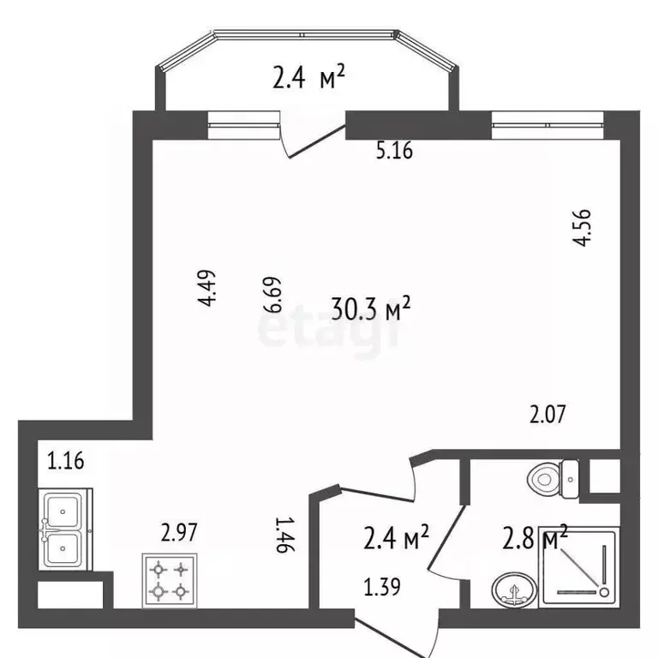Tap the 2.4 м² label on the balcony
(308, 80)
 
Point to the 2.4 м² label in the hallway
(393, 540)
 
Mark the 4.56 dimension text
(583, 228)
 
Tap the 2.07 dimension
(547, 416)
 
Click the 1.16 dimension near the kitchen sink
(66, 463)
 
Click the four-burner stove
(169, 579)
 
